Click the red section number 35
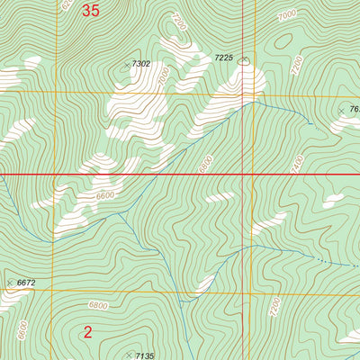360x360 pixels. tap(91, 11)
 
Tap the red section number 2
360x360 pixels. tap(87, 332)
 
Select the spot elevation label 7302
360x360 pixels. tap(141, 64)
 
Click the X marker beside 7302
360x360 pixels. tap(126, 66)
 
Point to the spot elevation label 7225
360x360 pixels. tap(224, 58)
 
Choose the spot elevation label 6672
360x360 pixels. tap(26, 283)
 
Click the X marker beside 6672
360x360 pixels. tap(10, 283)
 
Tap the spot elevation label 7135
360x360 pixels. tap(145, 356)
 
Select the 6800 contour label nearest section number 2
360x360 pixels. tap(98, 305)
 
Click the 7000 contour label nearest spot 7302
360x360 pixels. tap(162, 79)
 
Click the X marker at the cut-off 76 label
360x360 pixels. tap(341, 111)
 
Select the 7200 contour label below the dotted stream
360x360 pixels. tap(274, 310)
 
